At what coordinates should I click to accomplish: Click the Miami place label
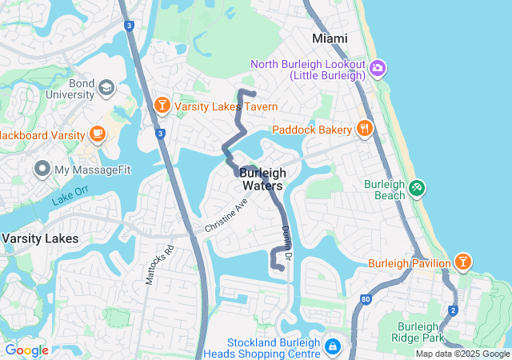click(330, 38)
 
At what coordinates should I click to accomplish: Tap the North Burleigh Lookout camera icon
click(378, 69)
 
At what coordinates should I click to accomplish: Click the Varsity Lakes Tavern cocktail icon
click(162, 106)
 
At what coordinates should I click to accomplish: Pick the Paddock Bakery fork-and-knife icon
click(364, 128)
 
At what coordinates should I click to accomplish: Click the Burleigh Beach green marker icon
click(416, 190)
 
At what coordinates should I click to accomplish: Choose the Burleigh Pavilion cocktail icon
click(462, 262)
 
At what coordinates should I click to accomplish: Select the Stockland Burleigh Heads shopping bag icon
click(332, 348)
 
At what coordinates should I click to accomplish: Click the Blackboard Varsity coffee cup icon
click(98, 134)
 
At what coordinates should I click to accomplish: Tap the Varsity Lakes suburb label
click(39, 238)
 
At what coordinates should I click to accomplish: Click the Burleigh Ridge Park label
click(428, 332)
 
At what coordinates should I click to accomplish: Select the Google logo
click(26, 350)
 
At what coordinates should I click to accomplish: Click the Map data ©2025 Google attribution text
click(462, 354)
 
